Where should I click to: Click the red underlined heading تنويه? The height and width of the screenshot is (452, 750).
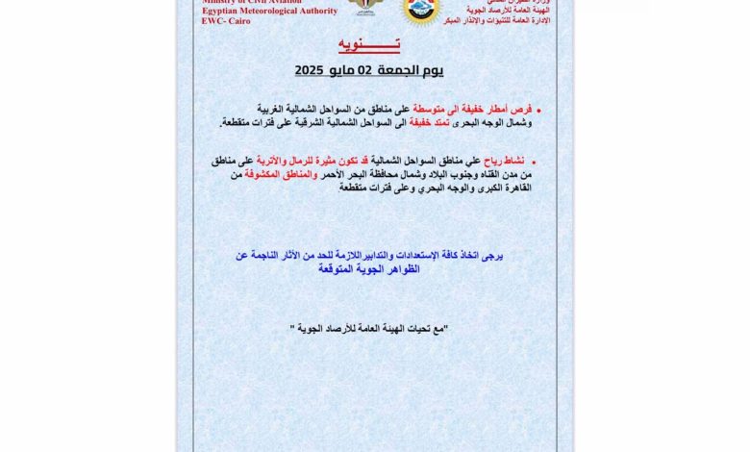[x=369, y=45]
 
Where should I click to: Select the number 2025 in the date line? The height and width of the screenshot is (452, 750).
[x=311, y=70]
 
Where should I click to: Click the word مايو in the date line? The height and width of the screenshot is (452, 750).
[x=337, y=70]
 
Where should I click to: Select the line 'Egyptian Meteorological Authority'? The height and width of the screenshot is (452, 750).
[x=269, y=11]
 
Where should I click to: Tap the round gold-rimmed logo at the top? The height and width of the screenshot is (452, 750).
[x=421, y=10]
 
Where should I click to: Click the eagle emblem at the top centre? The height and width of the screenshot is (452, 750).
[x=364, y=8]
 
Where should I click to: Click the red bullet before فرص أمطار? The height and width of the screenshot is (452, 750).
[x=538, y=111]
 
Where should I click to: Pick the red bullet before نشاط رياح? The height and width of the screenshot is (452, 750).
[x=535, y=163]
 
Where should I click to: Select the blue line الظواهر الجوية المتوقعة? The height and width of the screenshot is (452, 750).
[x=370, y=269]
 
